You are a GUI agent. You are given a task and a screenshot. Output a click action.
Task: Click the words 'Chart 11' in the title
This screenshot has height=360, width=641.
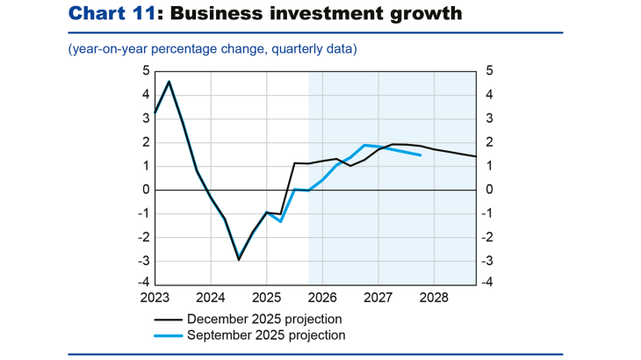pos(104,13)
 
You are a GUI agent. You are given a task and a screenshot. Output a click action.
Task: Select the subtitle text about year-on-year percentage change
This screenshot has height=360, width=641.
pos(212,49)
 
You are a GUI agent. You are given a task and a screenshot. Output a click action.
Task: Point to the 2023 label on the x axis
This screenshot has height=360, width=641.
pos(155,298)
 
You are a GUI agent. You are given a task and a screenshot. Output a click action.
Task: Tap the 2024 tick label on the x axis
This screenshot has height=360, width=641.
pos(211,298)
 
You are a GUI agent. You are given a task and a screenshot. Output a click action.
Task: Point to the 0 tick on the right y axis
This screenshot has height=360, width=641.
pos(488,190)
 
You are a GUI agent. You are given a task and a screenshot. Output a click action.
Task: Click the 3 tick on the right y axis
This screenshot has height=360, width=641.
pos(488,119)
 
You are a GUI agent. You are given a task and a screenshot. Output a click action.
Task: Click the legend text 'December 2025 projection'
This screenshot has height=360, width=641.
pos(264,319)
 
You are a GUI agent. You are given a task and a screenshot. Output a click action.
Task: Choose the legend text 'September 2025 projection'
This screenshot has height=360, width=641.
pos(265,335)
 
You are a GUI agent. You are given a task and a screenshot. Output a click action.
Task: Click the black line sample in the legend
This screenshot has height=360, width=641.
pos(170,319)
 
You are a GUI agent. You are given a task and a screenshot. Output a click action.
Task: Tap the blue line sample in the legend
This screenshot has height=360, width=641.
pos(170,335)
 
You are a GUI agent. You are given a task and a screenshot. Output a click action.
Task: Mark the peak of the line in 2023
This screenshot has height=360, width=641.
pos(169,82)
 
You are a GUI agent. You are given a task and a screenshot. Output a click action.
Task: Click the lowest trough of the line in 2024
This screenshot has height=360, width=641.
pos(239,259)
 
